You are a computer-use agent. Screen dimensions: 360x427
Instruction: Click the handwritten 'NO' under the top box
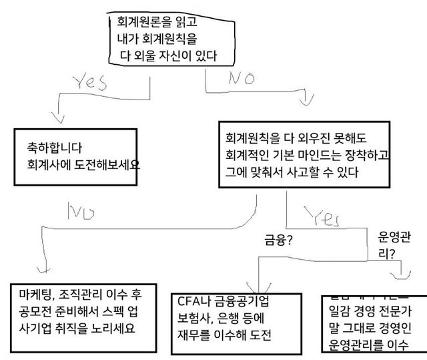click(242, 78)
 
